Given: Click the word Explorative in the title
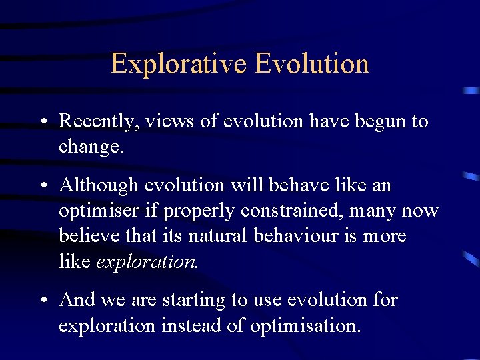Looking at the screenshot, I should click(x=178, y=64).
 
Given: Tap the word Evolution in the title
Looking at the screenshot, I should click(x=311, y=64).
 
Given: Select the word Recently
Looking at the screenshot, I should click(x=99, y=121).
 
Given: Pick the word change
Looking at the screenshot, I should click(x=90, y=147).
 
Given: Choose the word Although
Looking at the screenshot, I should click(x=99, y=185).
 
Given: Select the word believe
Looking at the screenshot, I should click(x=87, y=237).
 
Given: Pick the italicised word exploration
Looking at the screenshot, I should click(x=147, y=262).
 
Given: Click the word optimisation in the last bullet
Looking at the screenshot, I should click(x=304, y=326).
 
